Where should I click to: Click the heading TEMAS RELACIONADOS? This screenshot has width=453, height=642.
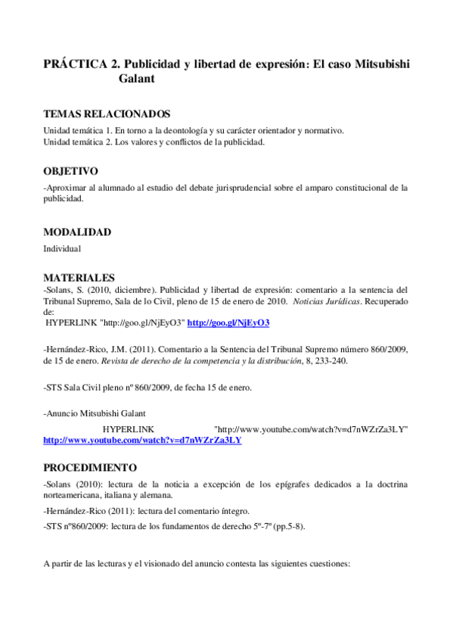coord(107,114)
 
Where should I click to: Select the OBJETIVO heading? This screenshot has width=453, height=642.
coord(70,171)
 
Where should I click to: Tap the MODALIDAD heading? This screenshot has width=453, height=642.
coord(77,232)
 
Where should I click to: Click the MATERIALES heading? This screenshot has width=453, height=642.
coord(79,278)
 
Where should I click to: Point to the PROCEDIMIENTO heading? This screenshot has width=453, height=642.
coord(90,467)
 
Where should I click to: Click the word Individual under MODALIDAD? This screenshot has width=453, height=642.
coord(62,248)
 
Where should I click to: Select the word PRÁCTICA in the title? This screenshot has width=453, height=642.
coord(75,64)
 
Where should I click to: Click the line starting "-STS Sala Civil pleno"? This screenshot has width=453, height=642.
coord(147,388)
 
